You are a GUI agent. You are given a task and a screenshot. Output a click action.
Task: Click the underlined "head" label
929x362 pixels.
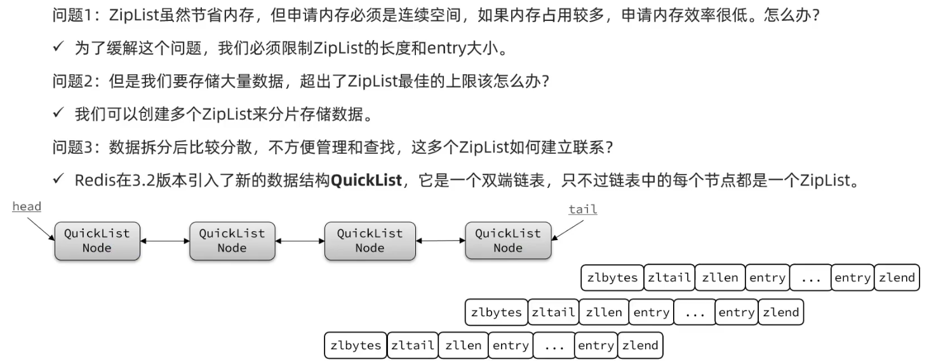27,206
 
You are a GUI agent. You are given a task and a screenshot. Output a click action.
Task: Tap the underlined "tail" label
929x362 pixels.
582,209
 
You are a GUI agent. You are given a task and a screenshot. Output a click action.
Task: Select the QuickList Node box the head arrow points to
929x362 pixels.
97,241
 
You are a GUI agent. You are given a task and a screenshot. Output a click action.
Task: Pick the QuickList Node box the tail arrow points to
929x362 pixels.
508,241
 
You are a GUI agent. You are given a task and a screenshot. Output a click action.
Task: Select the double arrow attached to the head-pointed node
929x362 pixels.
164,241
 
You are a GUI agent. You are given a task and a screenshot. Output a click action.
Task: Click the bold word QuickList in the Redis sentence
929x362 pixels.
366,180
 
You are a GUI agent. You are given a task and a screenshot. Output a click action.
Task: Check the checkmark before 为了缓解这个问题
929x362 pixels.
58,48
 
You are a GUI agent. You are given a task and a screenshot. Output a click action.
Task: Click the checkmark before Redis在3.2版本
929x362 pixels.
58,180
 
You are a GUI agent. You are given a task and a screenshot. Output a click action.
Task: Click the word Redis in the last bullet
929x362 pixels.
92,180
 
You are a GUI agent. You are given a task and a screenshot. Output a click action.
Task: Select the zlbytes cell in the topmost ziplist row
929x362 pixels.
612,278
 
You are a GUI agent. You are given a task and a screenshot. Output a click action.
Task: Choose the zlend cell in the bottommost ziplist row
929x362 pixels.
640,345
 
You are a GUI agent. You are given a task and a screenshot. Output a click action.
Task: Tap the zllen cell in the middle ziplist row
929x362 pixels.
604,312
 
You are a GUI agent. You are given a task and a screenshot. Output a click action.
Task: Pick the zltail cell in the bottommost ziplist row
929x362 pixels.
412,345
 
